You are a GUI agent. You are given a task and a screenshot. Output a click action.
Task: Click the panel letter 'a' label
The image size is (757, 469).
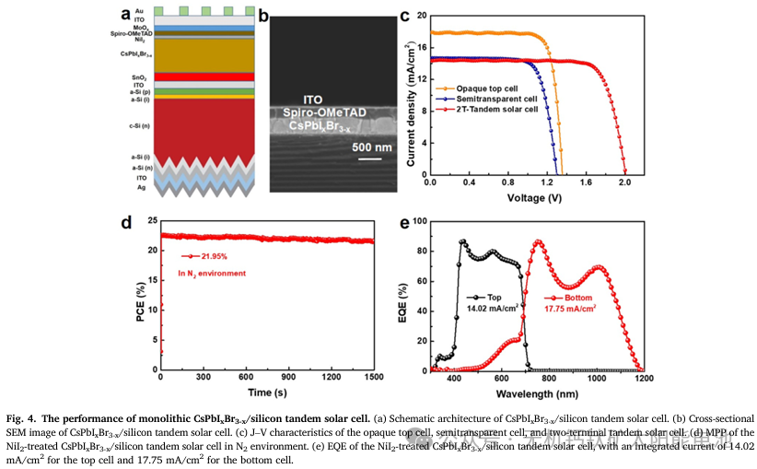tap(126, 13)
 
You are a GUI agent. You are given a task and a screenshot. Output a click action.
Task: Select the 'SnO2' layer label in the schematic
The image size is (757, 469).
tap(138, 76)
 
